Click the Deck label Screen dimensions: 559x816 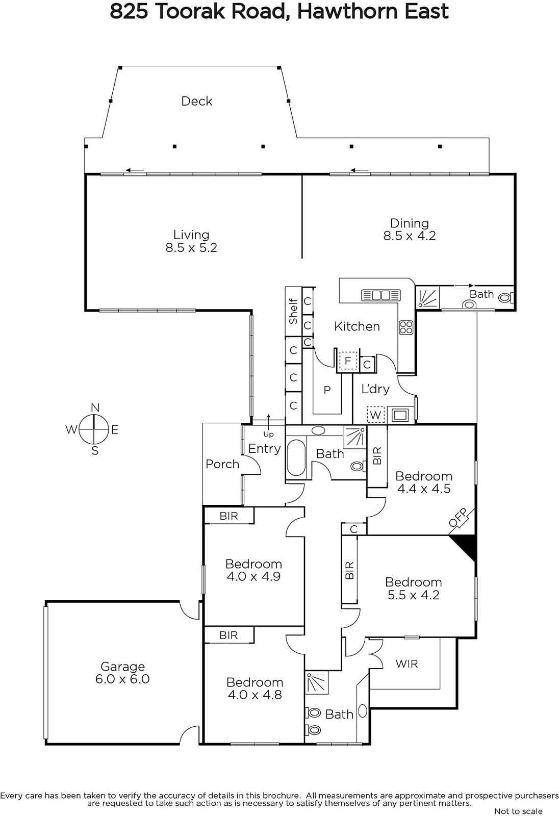click(197, 101)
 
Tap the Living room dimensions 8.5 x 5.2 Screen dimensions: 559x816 click(191, 248)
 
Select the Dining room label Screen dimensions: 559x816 click(410, 223)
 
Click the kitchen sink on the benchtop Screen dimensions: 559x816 click(381, 295)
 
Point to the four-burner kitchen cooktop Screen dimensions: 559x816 click(406, 327)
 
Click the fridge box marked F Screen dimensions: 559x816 click(348, 361)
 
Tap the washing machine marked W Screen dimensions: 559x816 click(376, 415)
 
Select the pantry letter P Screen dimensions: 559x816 click(327, 390)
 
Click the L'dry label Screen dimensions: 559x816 click(375, 389)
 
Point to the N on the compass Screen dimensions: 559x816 click(95, 407)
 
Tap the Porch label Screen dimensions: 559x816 click(222, 464)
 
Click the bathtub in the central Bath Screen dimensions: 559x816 click(296, 458)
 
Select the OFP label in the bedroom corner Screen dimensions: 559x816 click(458, 517)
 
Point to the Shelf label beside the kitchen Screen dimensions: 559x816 click(293, 312)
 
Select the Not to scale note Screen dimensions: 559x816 click(518, 811)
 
